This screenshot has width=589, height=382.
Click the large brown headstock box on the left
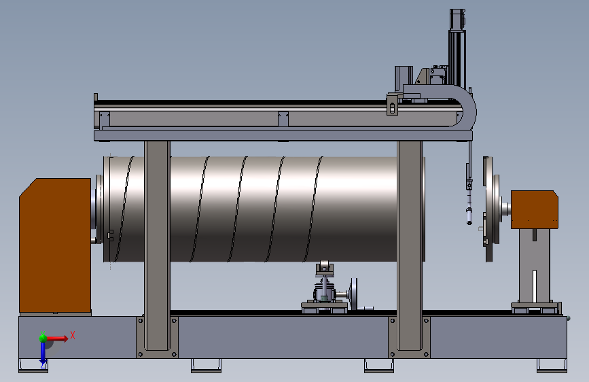coord(55,245)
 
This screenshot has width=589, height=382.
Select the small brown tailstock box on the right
coord(534,209)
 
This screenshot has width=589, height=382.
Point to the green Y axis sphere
coord(43,338)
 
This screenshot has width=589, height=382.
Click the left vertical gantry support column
coord(157,245)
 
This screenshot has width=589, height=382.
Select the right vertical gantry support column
coord(410,245)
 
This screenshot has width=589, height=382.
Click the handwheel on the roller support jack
coord(353,294)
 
